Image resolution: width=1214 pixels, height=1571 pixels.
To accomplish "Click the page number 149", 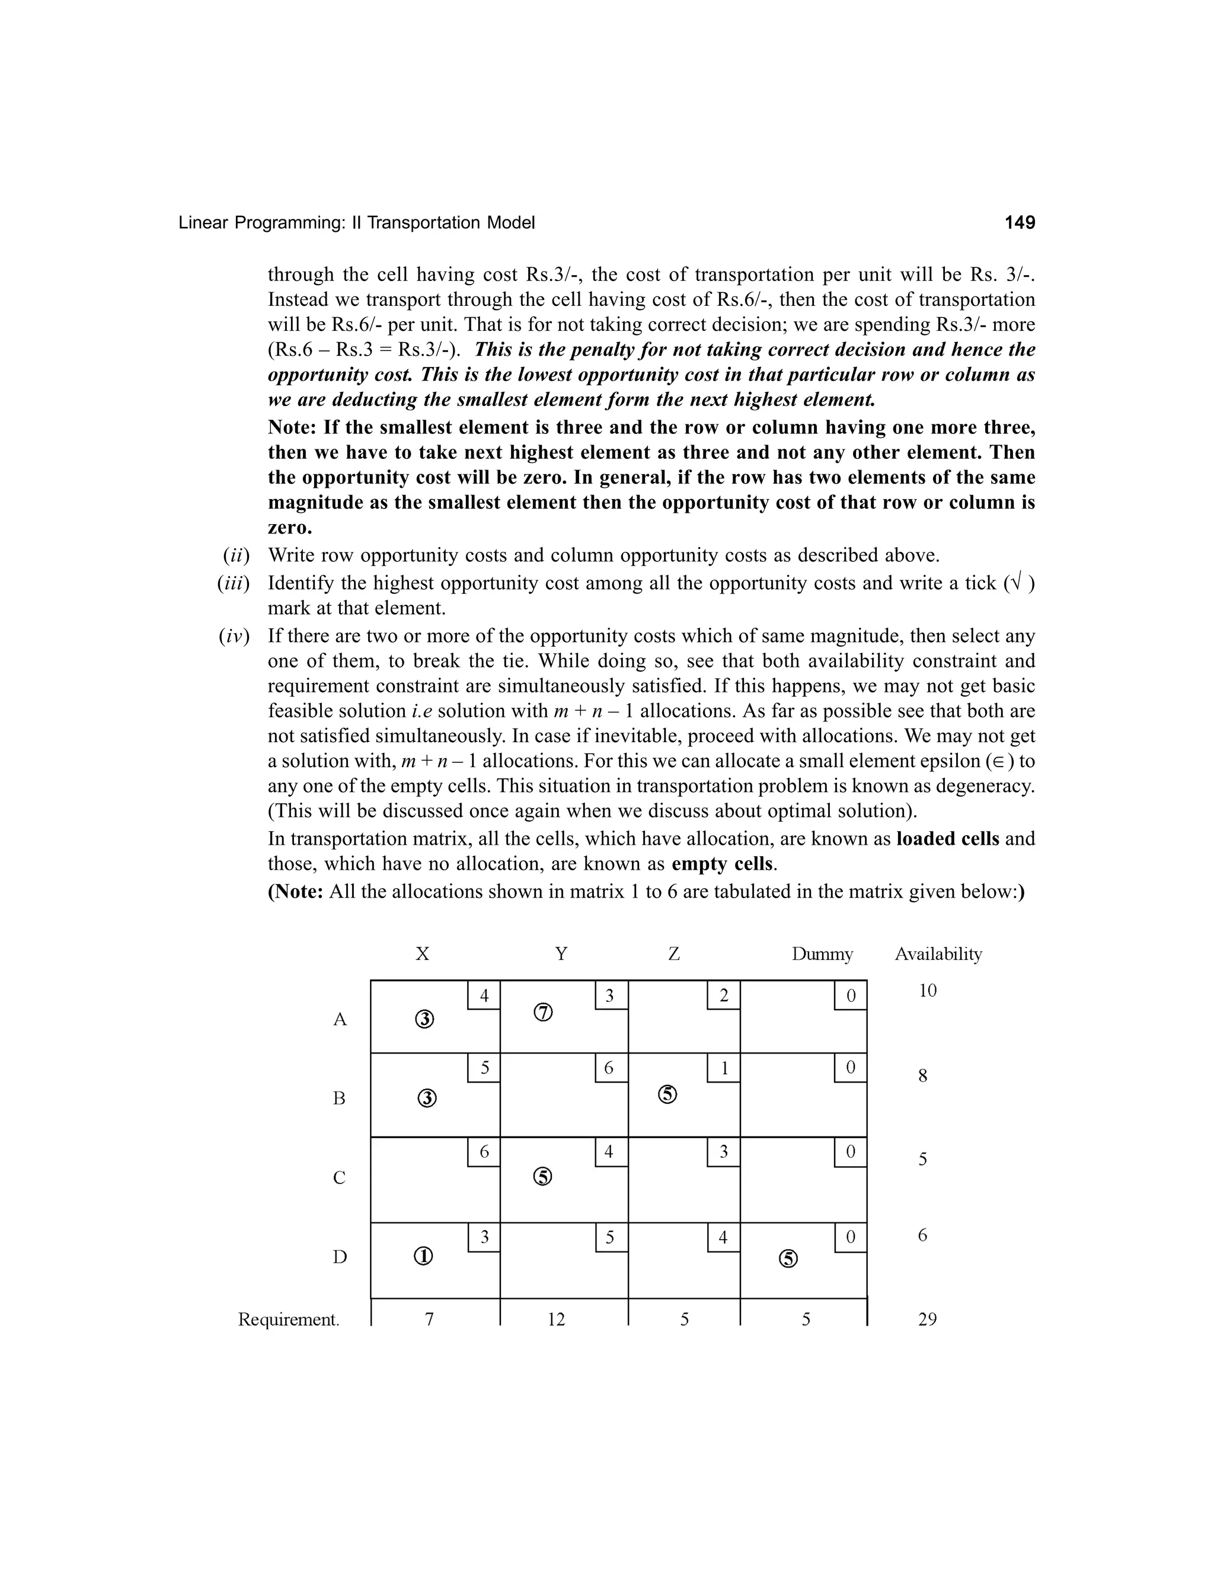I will [1019, 223].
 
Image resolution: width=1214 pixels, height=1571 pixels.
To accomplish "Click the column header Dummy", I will [822, 954].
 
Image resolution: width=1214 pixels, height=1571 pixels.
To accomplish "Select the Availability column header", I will [938, 954].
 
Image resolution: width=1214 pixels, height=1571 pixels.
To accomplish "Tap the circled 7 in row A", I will [543, 1013].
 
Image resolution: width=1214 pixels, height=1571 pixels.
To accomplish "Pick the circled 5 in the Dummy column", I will [788, 1258].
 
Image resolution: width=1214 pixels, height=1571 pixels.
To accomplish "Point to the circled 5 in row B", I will [667, 1094].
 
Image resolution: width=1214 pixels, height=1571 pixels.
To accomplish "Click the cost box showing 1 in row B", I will [724, 1068].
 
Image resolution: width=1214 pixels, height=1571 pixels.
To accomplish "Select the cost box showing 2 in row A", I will [724, 995].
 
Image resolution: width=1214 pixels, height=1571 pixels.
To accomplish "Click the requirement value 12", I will [556, 1319].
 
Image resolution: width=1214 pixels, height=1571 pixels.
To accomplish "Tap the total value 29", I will [927, 1319].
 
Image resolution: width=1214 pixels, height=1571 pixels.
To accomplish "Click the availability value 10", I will [927, 991].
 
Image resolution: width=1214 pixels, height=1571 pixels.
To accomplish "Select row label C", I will [340, 1177].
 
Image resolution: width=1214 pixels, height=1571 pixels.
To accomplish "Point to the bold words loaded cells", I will [947, 839].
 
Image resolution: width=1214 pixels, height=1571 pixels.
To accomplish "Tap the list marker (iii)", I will [233, 583].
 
